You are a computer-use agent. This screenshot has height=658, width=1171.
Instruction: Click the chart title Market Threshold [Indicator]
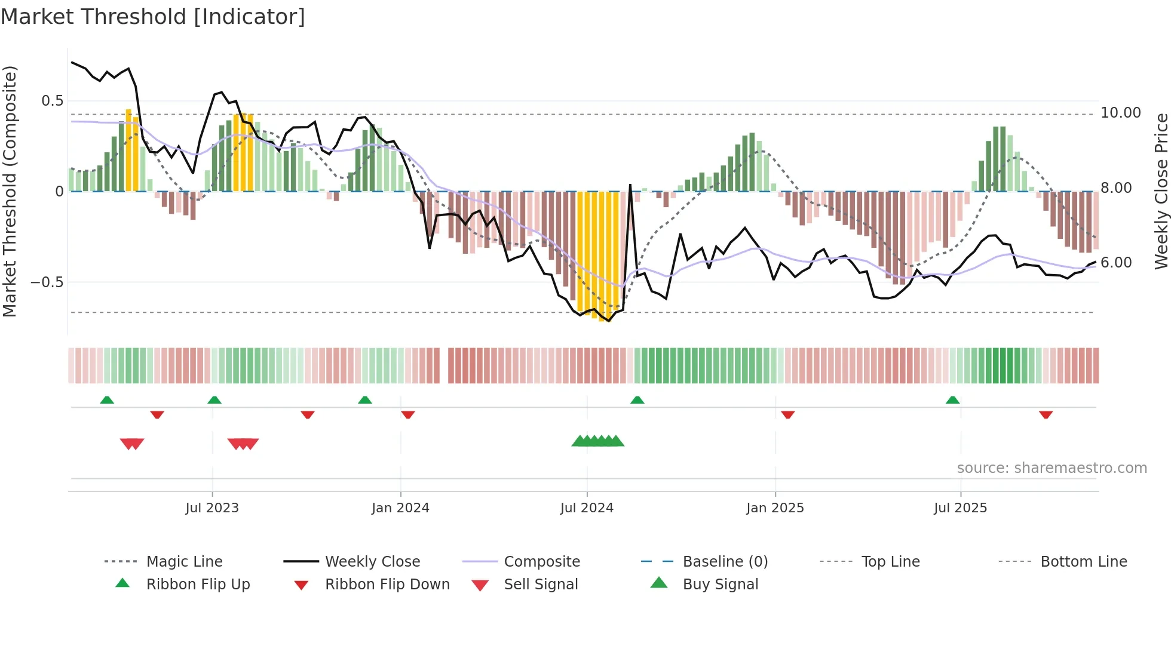pyautogui.click(x=153, y=17)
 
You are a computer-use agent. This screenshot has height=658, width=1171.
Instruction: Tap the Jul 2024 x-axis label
pyautogui.click(x=587, y=508)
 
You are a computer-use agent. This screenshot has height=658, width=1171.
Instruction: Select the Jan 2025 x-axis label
pyautogui.click(x=775, y=508)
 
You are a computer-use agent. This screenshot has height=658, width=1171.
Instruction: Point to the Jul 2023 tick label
pyautogui.click(x=212, y=508)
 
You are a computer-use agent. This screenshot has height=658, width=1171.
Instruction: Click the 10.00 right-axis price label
pyautogui.click(x=1120, y=113)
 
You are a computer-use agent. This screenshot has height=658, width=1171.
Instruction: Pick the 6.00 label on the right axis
pyautogui.click(x=1116, y=263)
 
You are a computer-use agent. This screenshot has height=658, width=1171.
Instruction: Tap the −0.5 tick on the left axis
pyautogui.click(x=47, y=282)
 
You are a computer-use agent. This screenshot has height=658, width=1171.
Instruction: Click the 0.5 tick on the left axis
pyautogui.click(x=53, y=101)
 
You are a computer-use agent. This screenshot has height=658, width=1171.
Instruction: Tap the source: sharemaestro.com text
pyautogui.click(x=1052, y=468)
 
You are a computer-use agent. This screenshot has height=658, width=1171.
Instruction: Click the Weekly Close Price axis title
pyautogui.click(x=1161, y=191)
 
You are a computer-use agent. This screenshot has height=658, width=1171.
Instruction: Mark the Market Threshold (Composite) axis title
pyautogui.click(x=10, y=191)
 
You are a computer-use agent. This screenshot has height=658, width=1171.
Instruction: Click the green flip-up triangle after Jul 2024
pyautogui.click(x=637, y=400)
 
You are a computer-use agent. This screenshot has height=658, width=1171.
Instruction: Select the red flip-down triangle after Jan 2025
pyautogui.click(x=788, y=414)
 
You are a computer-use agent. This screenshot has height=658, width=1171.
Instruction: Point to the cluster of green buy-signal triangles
pyautogui.click(x=598, y=441)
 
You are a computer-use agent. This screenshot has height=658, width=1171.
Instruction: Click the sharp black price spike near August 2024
pyautogui.click(x=630, y=186)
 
